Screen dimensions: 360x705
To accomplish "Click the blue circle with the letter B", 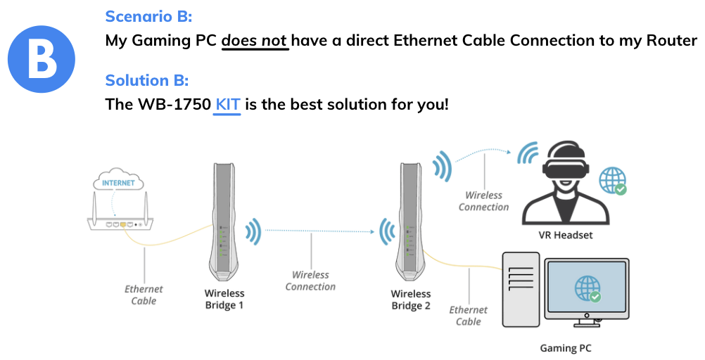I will pos(42,58).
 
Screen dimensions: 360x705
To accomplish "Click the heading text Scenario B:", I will pos(148,16).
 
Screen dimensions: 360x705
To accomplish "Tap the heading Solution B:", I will pos(146,79).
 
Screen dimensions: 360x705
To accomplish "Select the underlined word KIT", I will pos(227,105).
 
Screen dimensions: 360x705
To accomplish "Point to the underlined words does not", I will pos(255,40).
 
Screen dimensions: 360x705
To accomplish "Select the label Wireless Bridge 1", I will pos(224,300).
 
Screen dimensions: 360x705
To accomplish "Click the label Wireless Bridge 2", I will pos(410,300).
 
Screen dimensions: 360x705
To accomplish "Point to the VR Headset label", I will pos(565,235).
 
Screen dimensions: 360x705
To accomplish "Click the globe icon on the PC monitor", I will pos(588,288).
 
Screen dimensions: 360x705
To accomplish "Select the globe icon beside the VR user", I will pos(612,180).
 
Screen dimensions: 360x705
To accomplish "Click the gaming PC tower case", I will pos(520,288).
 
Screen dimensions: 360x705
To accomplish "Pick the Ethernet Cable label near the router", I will pos(144,295).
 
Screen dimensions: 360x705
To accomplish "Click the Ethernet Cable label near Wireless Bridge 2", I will pos(468,316).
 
